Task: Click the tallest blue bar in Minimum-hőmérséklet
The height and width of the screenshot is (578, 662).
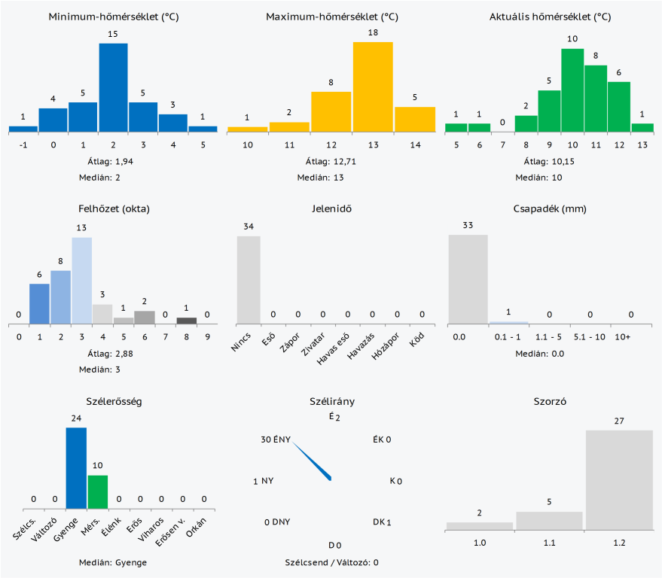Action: [113, 87]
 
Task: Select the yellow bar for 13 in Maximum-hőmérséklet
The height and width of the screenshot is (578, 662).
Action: [373, 87]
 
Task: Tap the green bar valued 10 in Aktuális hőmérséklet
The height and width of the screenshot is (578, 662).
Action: [572, 90]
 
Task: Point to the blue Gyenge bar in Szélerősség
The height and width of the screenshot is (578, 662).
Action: [76, 468]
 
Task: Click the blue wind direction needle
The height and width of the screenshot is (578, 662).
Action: [312, 461]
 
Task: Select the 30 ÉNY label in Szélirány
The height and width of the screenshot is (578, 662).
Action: [276, 440]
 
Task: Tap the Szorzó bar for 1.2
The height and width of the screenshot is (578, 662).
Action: [619, 479]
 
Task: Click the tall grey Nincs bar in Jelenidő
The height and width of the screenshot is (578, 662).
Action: [249, 280]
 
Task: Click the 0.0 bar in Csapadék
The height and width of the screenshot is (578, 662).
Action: [468, 278]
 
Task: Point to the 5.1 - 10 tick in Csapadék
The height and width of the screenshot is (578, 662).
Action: [590, 337]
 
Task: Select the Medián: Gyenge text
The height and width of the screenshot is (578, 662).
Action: [113, 562]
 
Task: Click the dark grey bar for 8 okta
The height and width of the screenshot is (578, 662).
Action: [186, 321]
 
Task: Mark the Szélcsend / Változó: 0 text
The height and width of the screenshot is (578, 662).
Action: [331, 562]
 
